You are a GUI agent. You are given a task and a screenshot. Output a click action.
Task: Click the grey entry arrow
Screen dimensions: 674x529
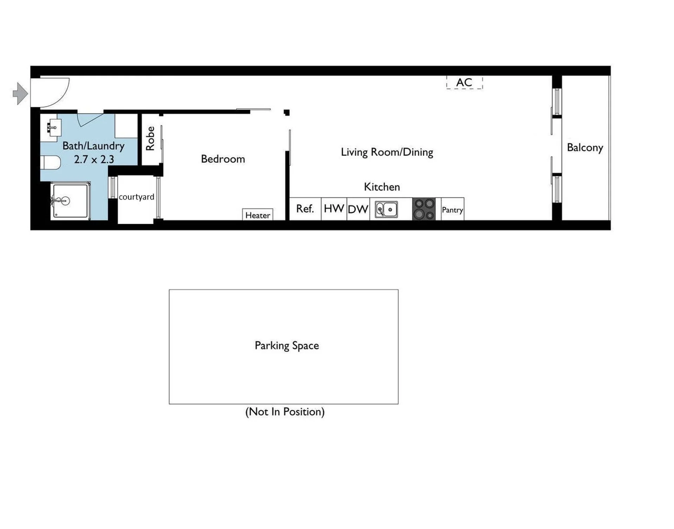coord(20,93)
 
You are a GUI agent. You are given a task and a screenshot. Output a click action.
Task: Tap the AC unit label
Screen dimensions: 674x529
coord(464,82)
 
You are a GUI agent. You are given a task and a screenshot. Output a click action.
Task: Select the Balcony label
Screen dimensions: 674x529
coord(585,148)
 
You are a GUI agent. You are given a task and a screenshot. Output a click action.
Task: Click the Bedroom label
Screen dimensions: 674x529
coord(223,159)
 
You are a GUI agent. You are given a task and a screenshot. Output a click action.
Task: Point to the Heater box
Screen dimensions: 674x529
coord(257,215)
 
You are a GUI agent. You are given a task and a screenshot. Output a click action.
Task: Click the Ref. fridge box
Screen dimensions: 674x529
coord(305,209)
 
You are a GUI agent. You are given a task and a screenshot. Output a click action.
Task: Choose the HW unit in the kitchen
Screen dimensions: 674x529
coord(334,209)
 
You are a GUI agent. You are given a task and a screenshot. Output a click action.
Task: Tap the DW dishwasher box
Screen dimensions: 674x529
coord(358,209)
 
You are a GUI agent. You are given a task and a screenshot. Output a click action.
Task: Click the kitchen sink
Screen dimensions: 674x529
coord(386,210)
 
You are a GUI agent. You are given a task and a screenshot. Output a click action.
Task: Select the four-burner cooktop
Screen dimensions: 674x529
coord(424,209)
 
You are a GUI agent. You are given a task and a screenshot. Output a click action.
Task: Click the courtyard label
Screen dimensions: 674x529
coord(136,197)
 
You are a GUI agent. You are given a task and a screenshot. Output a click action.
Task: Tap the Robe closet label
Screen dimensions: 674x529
coord(150,138)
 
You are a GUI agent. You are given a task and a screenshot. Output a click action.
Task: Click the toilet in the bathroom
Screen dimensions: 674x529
coord(51,163)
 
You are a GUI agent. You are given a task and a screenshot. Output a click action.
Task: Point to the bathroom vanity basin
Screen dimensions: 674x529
coord(54,128)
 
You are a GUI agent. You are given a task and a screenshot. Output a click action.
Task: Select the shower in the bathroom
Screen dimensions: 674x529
coord(70,201)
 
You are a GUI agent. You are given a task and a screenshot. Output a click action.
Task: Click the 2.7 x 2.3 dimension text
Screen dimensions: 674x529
coord(94,159)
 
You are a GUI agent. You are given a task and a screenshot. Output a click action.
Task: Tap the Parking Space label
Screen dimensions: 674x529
coord(287,346)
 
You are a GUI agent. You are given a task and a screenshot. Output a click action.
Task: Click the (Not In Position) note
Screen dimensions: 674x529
coord(285,412)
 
